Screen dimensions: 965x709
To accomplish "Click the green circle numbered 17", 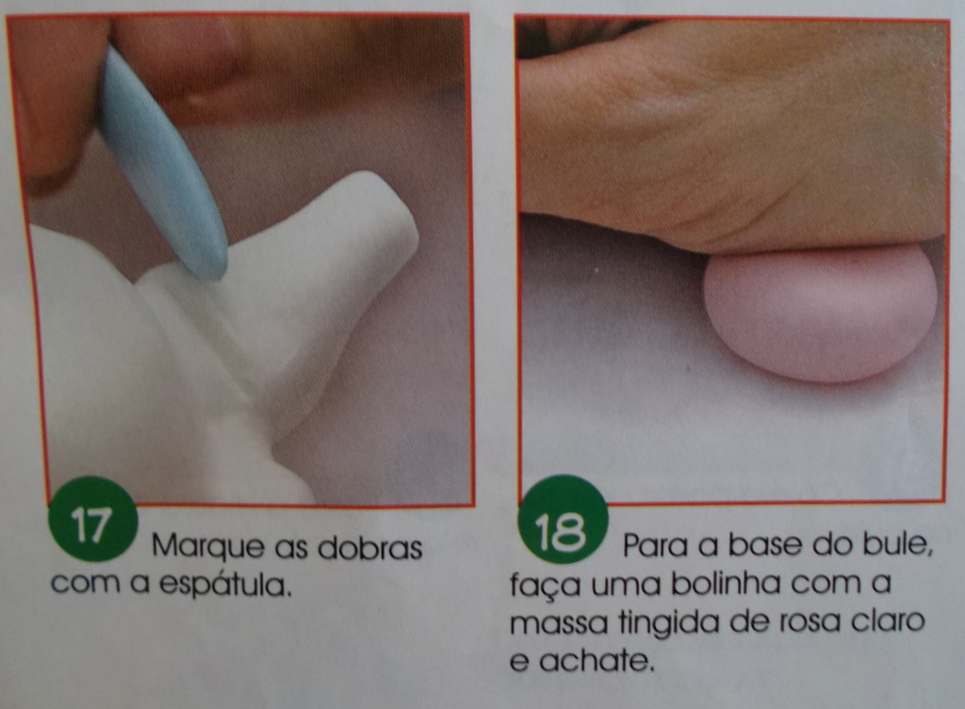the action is [91, 519].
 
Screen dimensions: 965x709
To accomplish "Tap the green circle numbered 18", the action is [564, 521].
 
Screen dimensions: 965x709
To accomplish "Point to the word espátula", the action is [224, 585].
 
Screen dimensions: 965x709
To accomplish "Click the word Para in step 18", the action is [656, 544].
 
